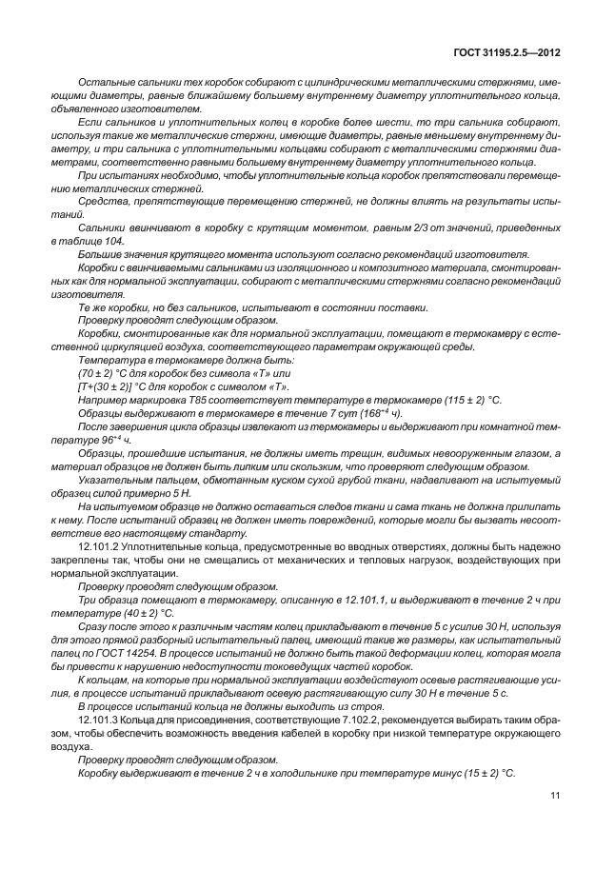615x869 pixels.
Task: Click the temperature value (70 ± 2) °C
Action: tap(99, 376)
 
